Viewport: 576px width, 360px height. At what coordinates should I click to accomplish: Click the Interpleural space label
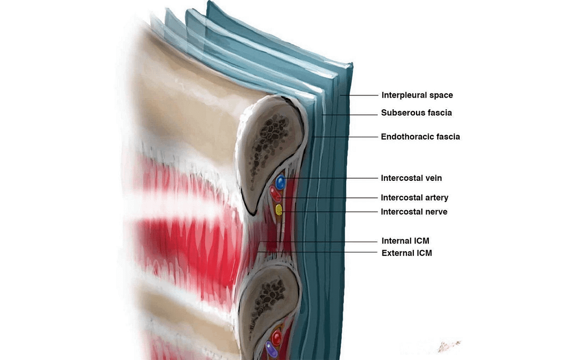(x=417, y=95)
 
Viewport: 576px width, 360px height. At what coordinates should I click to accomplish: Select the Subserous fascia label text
(x=416, y=113)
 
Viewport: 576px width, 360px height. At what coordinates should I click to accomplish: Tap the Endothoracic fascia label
(x=420, y=137)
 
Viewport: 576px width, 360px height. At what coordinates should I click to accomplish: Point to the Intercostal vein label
(x=411, y=178)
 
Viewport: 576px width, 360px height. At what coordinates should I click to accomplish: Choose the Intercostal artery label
(x=414, y=198)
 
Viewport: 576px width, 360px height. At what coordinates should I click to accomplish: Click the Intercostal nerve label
(x=414, y=212)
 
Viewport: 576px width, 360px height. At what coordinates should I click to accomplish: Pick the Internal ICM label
(x=405, y=241)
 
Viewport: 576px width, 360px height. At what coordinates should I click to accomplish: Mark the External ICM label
(x=406, y=253)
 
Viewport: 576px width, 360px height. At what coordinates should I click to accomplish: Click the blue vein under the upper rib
(x=281, y=182)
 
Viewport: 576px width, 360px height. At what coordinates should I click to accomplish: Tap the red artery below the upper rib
(x=275, y=193)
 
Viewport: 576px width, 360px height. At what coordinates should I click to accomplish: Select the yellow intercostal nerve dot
(x=279, y=210)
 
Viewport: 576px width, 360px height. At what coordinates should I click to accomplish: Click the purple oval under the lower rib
(x=271, y=349)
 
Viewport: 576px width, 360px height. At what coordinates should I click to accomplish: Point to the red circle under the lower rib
(x=277, y=337)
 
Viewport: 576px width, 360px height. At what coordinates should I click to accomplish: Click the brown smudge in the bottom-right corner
(x=449, y=346)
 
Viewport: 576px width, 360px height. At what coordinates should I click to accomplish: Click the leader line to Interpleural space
(x=359, y=95)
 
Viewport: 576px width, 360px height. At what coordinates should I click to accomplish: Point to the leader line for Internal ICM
(x=319, y=242)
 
